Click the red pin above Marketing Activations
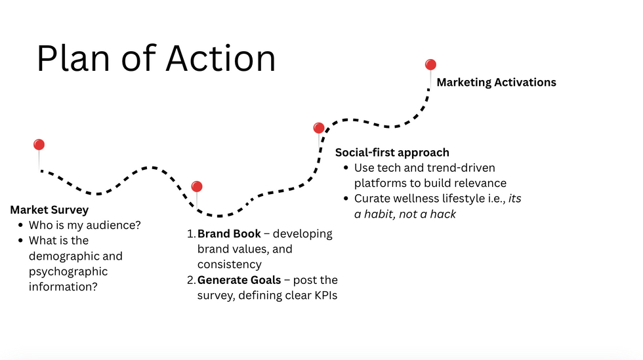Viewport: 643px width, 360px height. [430, 64]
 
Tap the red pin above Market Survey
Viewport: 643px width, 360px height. [39, 145]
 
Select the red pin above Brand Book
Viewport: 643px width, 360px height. [197, 187]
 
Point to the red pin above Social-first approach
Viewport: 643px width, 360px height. [319, 128]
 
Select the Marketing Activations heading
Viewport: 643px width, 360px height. [496, 82]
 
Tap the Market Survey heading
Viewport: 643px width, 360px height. [49, 210]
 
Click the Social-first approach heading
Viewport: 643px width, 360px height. [392, 152]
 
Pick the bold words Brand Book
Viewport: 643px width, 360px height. [229, 233]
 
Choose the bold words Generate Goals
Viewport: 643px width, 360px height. [239, 280]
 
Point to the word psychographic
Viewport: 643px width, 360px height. [68, 271]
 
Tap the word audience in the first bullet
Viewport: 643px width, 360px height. [113, 225]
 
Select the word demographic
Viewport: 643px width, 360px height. [75, 256]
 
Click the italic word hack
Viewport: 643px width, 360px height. [442, 214]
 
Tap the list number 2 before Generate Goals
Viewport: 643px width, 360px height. [191, 280]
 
